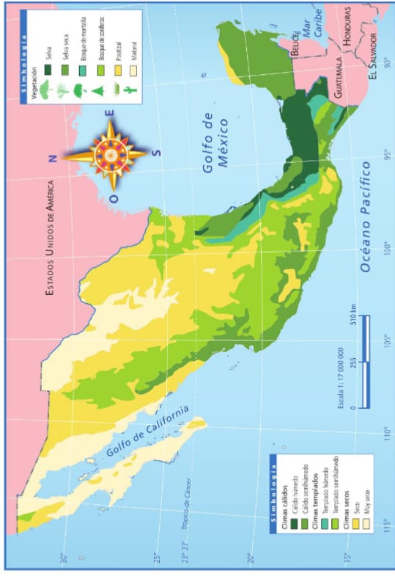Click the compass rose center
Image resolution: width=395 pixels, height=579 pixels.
pos(109,153)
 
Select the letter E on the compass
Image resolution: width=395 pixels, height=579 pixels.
pos(110,114)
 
